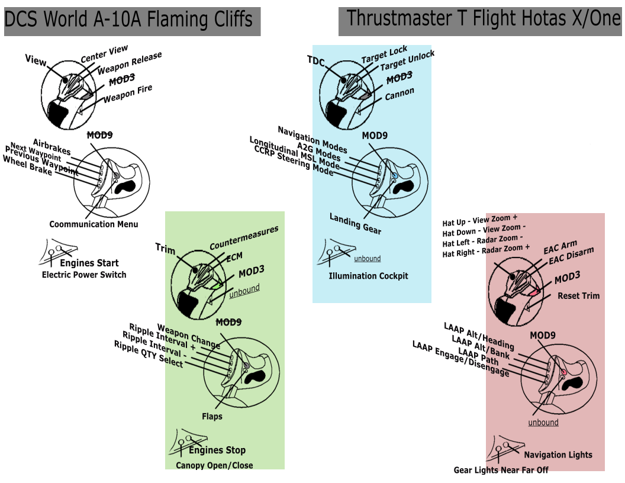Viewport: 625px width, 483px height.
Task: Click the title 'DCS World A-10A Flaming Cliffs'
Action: click(128, 21)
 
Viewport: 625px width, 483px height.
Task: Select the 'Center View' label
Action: click(104, 54)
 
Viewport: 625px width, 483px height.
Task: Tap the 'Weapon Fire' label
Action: click(128, 94)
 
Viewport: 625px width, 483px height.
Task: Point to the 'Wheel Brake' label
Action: click(28, 164)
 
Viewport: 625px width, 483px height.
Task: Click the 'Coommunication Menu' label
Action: click(94, 224)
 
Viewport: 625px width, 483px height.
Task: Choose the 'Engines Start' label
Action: click(89, 263)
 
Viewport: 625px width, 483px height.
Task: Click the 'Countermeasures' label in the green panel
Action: click(244, 238)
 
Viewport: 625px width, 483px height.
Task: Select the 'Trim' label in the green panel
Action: click(166, 249)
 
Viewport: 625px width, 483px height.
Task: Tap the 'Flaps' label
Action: click(212, 417)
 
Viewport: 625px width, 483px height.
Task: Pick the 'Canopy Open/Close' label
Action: click(214, 465)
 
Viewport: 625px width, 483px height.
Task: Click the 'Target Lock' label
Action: click(384, 56)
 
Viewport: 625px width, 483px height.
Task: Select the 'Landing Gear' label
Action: click(355, 223)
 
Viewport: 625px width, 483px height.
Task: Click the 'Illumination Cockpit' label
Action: click(368, 276)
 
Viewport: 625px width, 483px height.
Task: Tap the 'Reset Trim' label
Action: click(578, 296)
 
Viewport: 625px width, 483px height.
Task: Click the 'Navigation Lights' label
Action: click(558, 455)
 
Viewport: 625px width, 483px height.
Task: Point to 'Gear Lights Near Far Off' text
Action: click(501, 470)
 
